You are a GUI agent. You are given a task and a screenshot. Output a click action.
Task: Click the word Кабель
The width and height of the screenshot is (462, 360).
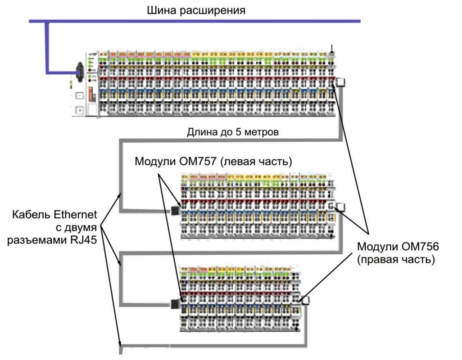pyautogui.click(x=29, y=214)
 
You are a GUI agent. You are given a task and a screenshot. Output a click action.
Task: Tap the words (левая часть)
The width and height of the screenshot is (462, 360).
pyautogui.click(x=256, y=162)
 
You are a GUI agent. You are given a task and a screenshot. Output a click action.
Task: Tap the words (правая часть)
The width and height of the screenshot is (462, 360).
pyautogui.click(x=396, y=260)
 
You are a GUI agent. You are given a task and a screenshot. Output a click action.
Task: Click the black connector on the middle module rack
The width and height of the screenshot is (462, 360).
pyautogui.click(x=175, y=210)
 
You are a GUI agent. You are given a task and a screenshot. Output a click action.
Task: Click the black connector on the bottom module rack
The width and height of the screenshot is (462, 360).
pyautogui.click(x=175, y=304)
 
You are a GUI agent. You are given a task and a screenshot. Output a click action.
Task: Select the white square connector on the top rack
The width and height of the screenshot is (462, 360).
pyautogui.click(x=340, y=82)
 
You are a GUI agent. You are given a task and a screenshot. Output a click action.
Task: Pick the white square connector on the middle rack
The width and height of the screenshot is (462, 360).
pyautogui.click(x=340, y=207)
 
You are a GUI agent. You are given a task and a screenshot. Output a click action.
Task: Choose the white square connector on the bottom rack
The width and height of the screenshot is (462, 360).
pyautogui.click(x=305, y=301)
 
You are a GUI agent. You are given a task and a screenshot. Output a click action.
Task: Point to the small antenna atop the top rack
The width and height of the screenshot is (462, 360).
pyautogui.click(x=332, y=49)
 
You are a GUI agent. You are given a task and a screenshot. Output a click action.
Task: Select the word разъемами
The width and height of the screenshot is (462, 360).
pyautogui.click(x=37, y=240)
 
